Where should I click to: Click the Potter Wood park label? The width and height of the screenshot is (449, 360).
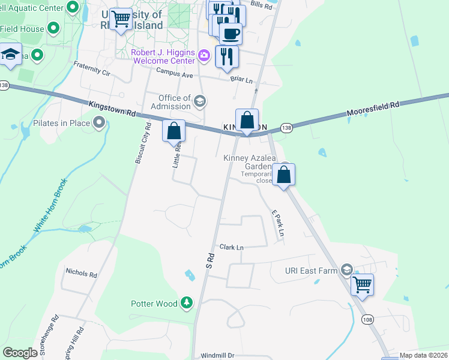pos(154,304)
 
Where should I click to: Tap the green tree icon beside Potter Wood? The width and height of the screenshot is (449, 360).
pos(187,301)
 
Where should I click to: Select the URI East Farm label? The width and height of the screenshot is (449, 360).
pos(312,271)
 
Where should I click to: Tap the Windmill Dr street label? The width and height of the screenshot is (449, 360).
pos(217,356)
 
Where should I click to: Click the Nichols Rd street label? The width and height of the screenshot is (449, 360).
pos(81,274)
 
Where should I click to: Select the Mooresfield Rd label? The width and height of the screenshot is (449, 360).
pos(373,109)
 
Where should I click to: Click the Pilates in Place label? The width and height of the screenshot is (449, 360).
pos(61,124)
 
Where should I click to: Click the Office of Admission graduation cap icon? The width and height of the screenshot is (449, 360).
pos(200,101)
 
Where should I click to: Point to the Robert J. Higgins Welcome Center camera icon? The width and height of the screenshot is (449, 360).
pos(204,56)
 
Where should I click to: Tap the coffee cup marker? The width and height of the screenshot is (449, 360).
pos(231,33)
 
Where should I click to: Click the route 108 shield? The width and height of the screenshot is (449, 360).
pos(367,320)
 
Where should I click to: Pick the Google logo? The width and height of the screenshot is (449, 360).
pos(20,353)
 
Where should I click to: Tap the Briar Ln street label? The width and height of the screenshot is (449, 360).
pos(241,79)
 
